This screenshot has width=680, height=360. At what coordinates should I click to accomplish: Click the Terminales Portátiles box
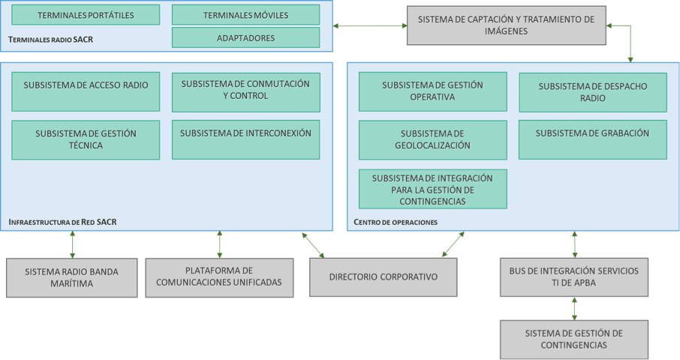coord(86,15)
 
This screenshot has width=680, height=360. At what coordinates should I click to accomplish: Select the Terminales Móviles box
coord(245,15)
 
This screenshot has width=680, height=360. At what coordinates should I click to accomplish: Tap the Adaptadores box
coord(245,37)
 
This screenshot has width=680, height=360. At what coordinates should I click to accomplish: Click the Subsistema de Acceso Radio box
coord(86,91)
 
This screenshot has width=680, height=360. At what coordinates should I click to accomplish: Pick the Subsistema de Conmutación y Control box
coord(245,91)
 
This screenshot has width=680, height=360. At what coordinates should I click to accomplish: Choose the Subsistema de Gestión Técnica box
coord(86,139)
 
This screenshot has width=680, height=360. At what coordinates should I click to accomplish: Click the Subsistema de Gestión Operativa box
coord(432,91)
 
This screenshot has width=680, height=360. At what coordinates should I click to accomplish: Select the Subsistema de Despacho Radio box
coord(592,92)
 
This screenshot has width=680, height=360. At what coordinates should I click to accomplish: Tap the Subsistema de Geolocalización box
coord(432,139)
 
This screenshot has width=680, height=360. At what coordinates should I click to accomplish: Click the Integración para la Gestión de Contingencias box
coord(432,189)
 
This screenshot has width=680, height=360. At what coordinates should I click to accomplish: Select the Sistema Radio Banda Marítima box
coord(71,277)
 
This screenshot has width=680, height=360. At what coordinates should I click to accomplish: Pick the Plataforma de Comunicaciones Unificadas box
coord(219,277)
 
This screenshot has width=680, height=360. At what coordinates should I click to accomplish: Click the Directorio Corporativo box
coord(383,277)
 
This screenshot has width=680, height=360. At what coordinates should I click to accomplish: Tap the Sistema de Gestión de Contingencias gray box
coord(574,338)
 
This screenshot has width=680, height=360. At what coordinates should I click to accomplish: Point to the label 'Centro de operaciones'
coord(396,223)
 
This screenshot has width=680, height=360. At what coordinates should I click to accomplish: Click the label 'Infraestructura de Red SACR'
coord(62,223)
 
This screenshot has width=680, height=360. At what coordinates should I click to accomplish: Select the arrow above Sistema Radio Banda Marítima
coord(73,244)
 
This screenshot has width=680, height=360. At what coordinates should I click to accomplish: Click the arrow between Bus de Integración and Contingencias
coord(574,307)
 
